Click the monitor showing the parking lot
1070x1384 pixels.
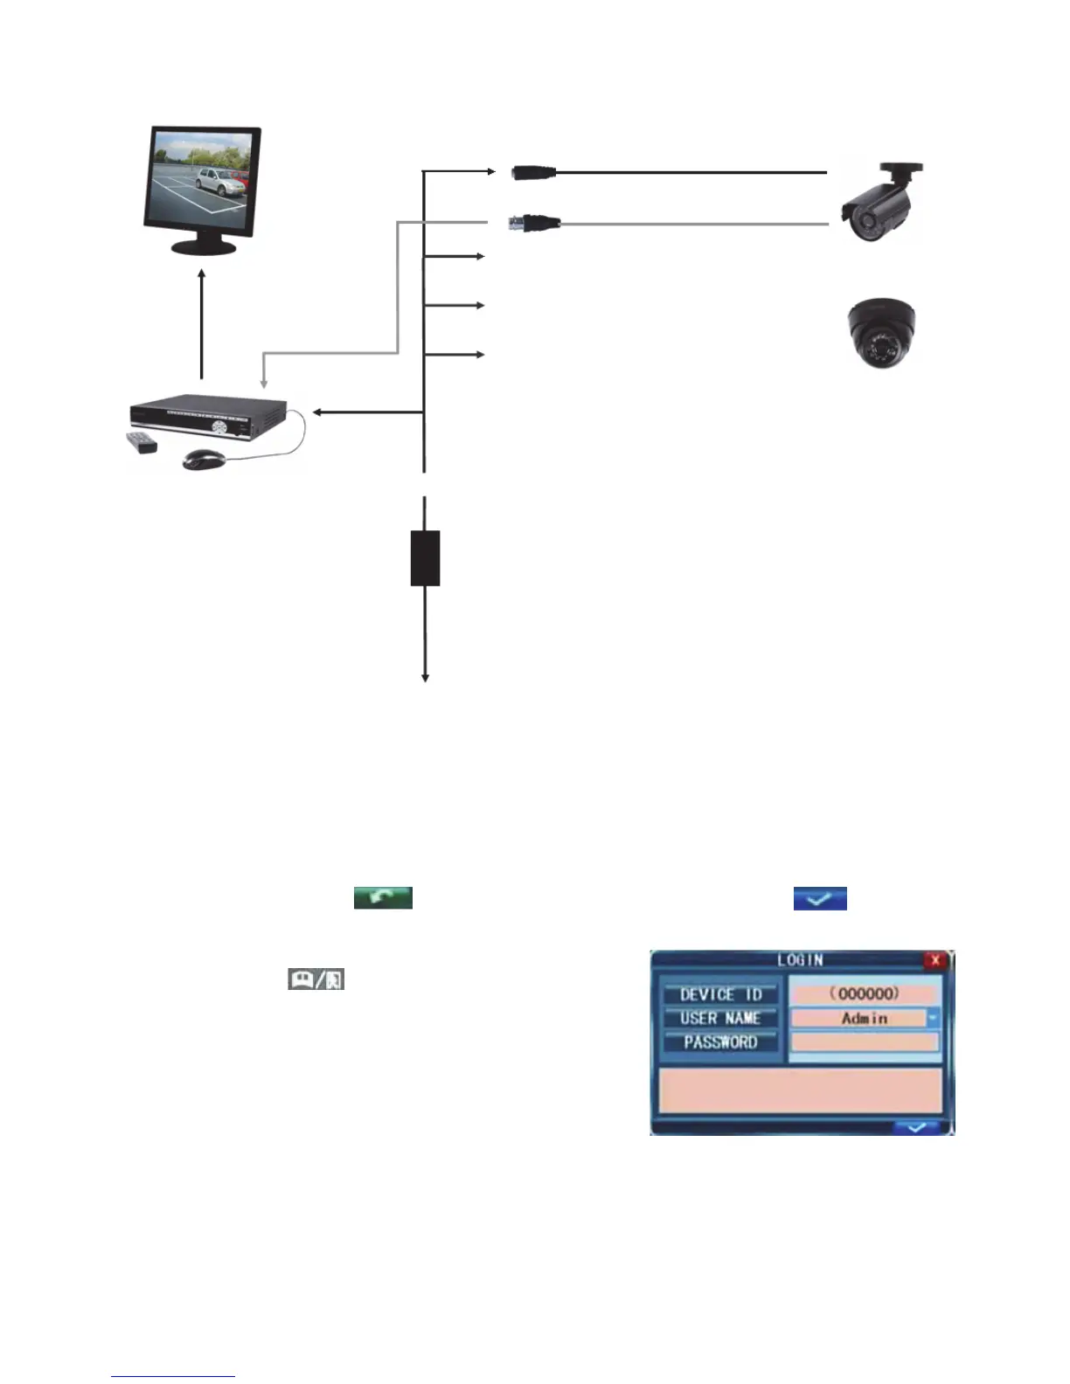[x=202, y=188]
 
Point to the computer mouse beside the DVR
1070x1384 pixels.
[x=204, y=459]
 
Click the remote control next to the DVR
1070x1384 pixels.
[x=142, y=442]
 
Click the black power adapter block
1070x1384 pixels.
[x=425, y=557]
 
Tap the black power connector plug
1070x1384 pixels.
[x=533, y=172]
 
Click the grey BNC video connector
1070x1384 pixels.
[x=535, y=224]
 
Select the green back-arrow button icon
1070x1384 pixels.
[x=383, y=897]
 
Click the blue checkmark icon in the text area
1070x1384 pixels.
[x=820, y=898]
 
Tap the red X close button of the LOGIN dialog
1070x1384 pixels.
[x=935, y=960]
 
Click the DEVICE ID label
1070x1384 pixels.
[x=720, y=994]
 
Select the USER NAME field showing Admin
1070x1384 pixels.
[x=858, y=1018]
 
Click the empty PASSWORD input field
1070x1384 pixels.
[x=865, y=1041]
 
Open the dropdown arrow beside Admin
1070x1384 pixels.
[x=933, y=1018]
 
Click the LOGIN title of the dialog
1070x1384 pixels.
[x=800, y=960]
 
